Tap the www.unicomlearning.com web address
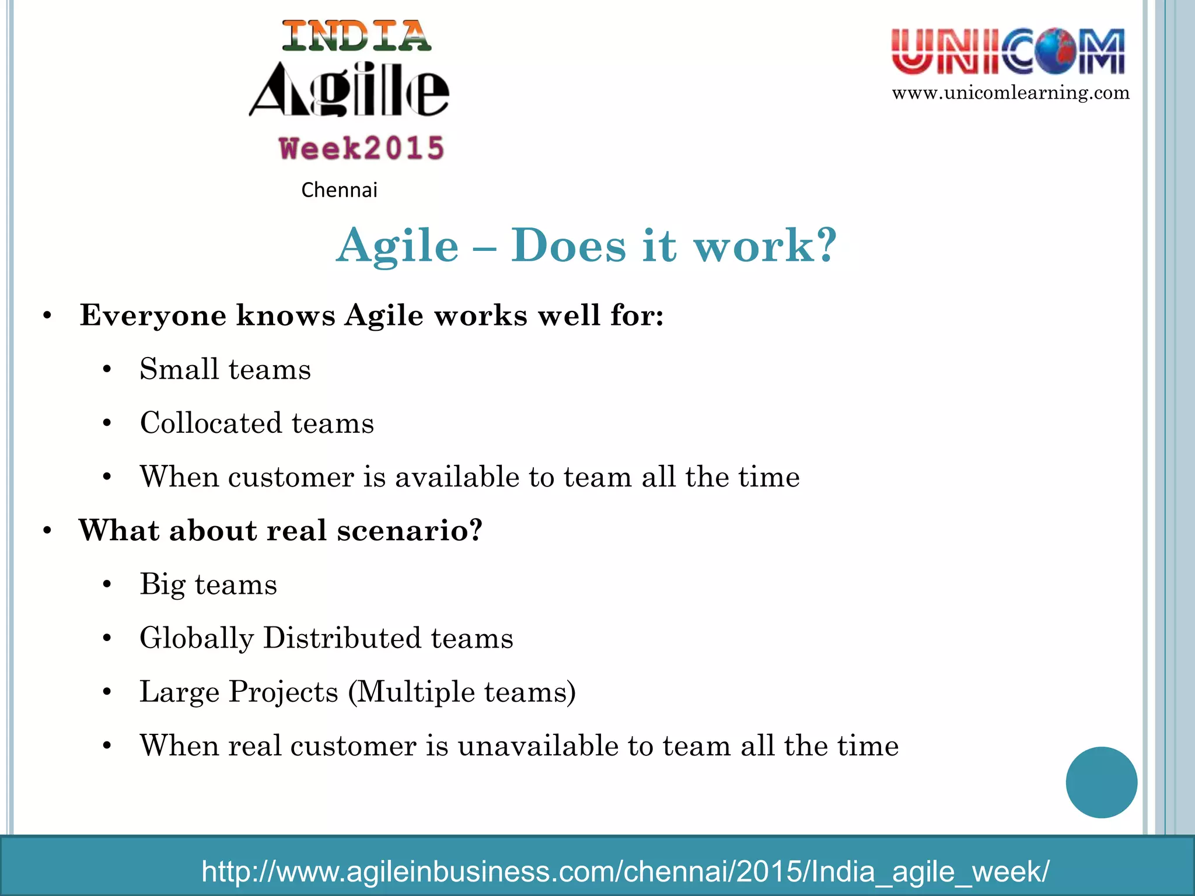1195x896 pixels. [x=1011, y=93]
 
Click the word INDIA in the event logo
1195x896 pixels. [x=357, y=36]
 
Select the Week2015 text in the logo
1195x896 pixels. [x=362, y=148]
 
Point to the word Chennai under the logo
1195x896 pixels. [x=339, y=190]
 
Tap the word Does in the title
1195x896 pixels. [x=568, y=245]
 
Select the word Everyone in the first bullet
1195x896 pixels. [x=152, y=316]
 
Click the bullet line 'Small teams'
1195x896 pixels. [x=225, y=369]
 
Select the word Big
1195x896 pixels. [x=162, y=584]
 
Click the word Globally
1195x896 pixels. [x=197, y=638]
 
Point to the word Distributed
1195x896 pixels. [x=342, y=638]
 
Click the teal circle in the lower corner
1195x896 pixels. [x=1101, y=782]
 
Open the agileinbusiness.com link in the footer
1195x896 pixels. [x=625, y=871]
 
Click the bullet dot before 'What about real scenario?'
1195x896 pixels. [x=47, y=531]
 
